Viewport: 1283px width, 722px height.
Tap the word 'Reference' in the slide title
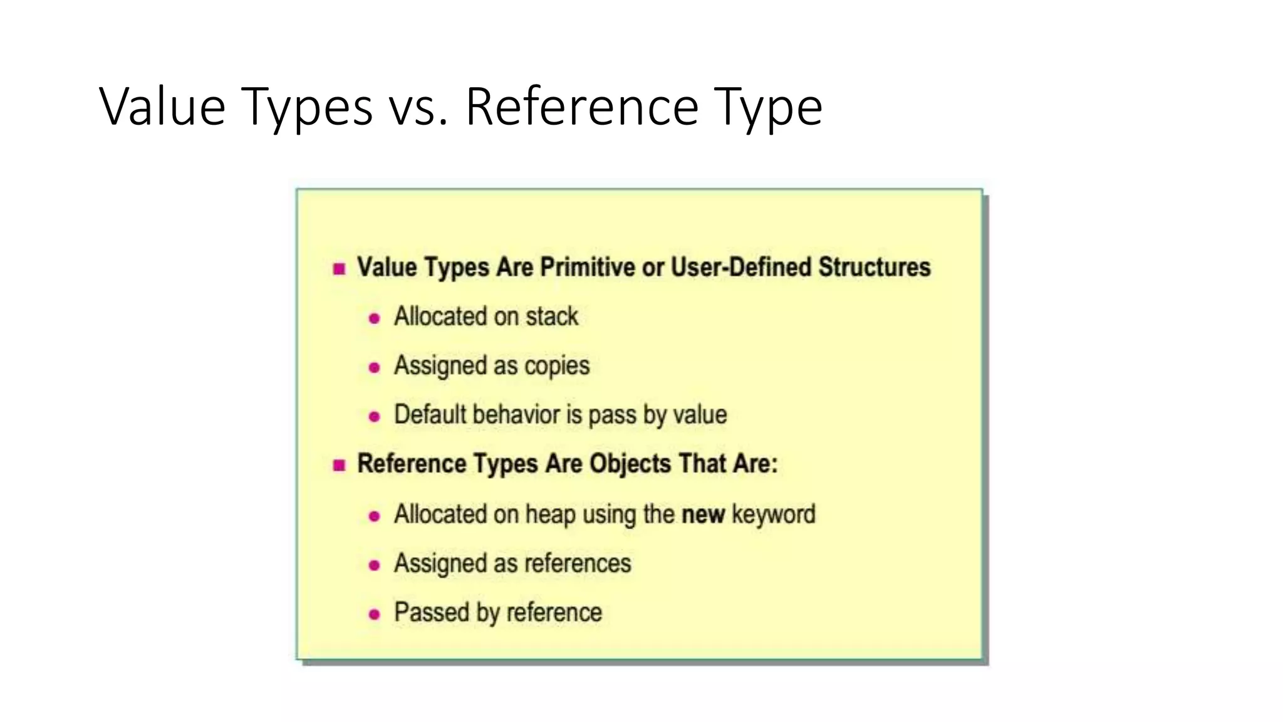[x=582, y=107]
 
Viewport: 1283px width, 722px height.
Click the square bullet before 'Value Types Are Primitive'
[x=340, y=269]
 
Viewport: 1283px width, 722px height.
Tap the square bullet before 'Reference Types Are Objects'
[x=340, y=465]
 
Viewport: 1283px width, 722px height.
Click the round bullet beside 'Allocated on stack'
[x=374, y=318]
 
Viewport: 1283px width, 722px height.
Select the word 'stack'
[x=552, y=317]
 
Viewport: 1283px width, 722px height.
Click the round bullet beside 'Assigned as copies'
[x=374, y=367]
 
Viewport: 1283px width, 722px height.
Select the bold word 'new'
[x=703, y=515]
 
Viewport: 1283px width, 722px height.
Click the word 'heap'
[x=550, y=515]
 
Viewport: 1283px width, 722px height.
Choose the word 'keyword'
[x=774, y=515]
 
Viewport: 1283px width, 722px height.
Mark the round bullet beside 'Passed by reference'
[x=374, y=614]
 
